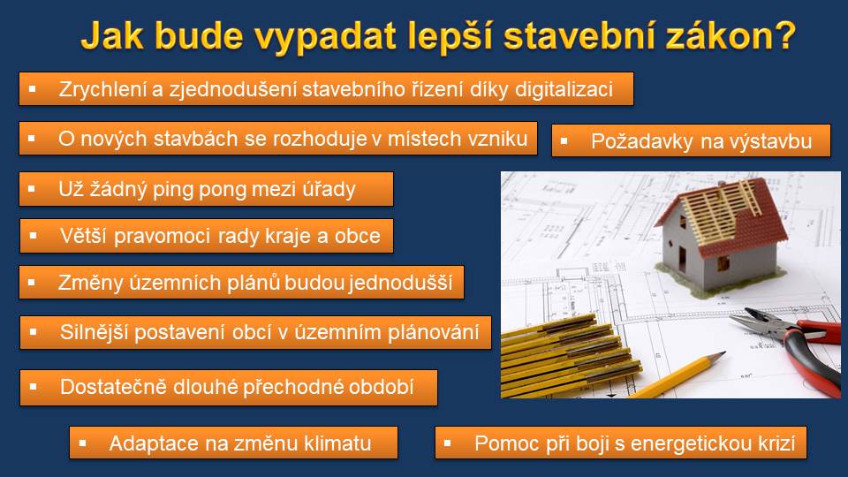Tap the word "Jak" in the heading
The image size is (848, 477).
tap(112, 35)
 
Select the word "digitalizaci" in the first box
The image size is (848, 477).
tap(564, 89)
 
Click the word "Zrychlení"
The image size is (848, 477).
tap(102, 89)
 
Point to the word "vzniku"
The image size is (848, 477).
tap(497, 139)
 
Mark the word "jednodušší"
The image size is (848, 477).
tap(400, 283)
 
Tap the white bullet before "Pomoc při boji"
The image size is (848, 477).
tap(447, 443)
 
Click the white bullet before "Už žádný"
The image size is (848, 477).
tap(32, 189)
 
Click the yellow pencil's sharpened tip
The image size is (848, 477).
tap(724, 353)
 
